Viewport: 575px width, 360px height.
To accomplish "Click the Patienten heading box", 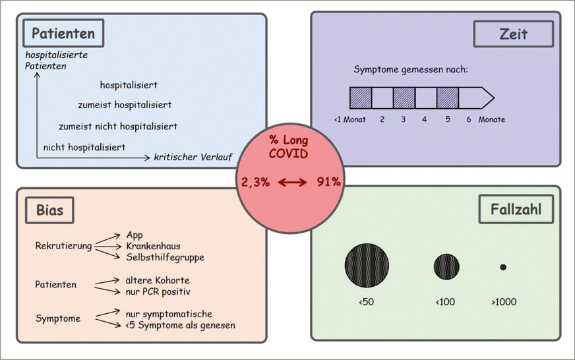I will coord(63,33).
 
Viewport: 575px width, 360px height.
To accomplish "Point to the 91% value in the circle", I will coord(327,182).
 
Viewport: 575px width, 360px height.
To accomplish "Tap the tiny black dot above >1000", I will coord(503,267).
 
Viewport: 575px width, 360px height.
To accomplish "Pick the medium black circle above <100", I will coord(446,266).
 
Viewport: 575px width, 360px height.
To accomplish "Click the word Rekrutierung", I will coord(63,246).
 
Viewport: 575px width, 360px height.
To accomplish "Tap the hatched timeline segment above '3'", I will coord(404,98).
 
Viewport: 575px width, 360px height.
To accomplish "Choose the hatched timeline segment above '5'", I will coord(447,98).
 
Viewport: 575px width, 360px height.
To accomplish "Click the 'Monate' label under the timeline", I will coord(492,119).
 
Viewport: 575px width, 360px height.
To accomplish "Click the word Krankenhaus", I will coord(154,246).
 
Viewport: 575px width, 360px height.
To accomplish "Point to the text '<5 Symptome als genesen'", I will coord(180,324).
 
